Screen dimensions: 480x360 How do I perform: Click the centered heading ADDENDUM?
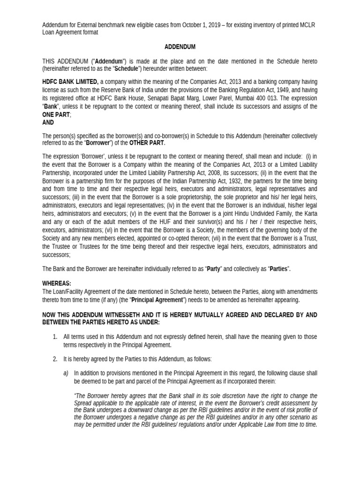coord(180,47)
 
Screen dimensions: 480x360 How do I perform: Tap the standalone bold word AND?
coord(48,122)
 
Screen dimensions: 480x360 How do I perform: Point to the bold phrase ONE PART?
coord(56,114)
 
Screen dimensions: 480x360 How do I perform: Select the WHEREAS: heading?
coord(57,284)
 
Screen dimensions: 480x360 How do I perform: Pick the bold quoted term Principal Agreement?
coord(156,300)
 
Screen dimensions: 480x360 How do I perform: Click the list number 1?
coord(54,337)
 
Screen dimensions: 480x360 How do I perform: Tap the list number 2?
coord(54,359)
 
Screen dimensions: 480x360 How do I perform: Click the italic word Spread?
coord(84,404)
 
